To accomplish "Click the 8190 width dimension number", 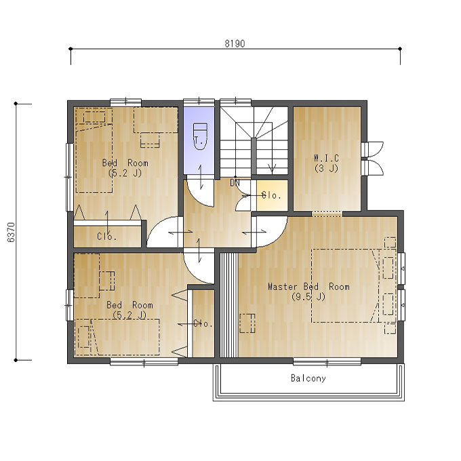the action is tap(235, 43).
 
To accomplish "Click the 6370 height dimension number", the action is tap(11, 232).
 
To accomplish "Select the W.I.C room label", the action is tap(326, 163).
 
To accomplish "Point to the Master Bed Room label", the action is tap(308, 292).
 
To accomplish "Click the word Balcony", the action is tap(308, 378).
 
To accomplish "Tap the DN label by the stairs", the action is tap(235, 183).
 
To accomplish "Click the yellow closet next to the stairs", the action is tap(272, 195).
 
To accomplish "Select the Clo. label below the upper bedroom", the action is tap(106, 236).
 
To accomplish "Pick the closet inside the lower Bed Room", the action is tap(203, 323).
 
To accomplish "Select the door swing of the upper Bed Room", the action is tap(163, 233).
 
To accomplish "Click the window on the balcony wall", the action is tap(327, 361).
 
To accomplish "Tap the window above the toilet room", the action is tap(199, 102).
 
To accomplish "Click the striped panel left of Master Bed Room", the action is tap(229, 305).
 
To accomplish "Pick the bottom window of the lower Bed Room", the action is tap(144, 361).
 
